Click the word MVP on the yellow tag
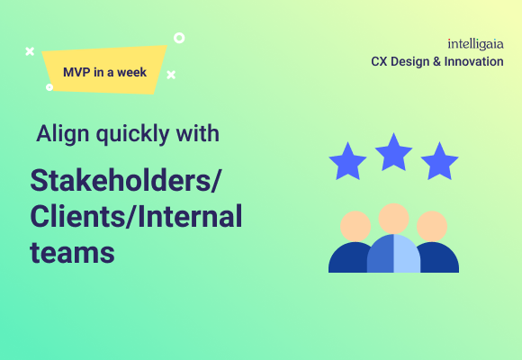point(77,72)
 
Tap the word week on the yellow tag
point(131,72)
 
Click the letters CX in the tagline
point(380,61)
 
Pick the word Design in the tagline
point(410,61)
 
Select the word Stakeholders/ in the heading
point(126,180)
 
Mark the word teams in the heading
point(72,252)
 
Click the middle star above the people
point(393,152)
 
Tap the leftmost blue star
point(347,162)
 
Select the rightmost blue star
point(439,161)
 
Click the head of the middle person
point(393,218)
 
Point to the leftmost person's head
point(355,225)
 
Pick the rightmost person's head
point(432,225)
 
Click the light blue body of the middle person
point(405,256)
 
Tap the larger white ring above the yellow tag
point(179,39)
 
